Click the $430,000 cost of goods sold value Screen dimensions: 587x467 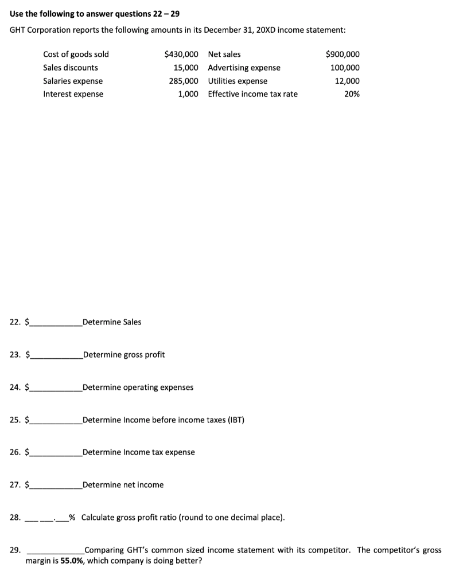(x=181, y=54)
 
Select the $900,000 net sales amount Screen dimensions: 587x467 (x=343, y=54)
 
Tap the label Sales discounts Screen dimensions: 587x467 (x=71, y=68)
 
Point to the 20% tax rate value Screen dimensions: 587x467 (x=352, y=94)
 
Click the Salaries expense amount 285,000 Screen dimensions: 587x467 (x=184, y=81)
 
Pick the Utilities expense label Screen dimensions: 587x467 (x=238, y=81)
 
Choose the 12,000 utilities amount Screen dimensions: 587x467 (x=347, y=81)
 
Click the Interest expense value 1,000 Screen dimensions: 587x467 (x=188, y=94)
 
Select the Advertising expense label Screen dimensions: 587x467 (x=244, y=68)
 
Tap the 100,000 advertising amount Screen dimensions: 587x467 (x=345, y=68)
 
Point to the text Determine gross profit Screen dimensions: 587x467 (x=124, y=355)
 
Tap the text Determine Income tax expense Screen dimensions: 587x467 (x=139, y=452)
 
